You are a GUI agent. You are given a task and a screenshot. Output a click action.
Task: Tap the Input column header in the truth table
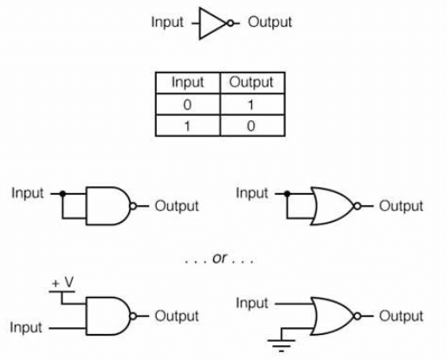tap(188, 82)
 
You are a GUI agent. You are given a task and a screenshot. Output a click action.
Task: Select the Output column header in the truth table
tap(250, 82)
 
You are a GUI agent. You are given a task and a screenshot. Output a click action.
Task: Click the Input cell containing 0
tap(188, 104)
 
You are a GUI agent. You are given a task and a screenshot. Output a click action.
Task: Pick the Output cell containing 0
tap(250, 125)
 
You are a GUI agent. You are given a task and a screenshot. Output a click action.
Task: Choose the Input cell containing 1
tap(188, 125)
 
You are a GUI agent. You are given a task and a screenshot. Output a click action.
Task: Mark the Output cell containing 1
tap(250, 104)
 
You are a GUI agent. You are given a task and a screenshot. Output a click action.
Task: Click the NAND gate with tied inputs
tap(108, 205)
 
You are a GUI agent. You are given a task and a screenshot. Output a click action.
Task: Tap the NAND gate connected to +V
tap(108, 316)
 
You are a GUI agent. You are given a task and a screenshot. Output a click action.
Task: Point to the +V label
tap(62, 283)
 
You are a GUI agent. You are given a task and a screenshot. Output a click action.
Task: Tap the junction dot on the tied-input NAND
tap(62, 193)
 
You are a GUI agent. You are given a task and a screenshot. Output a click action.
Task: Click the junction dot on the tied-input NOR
tap(287, 193)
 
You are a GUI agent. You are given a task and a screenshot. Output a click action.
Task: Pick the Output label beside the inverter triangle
tap(270, 22)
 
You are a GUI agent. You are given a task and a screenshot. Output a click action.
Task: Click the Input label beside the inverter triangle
tap(167, 22)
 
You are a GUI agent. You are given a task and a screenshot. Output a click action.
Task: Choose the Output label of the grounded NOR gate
tap(401, 316)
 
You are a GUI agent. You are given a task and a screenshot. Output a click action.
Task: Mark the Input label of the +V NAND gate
tap(27, 328)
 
